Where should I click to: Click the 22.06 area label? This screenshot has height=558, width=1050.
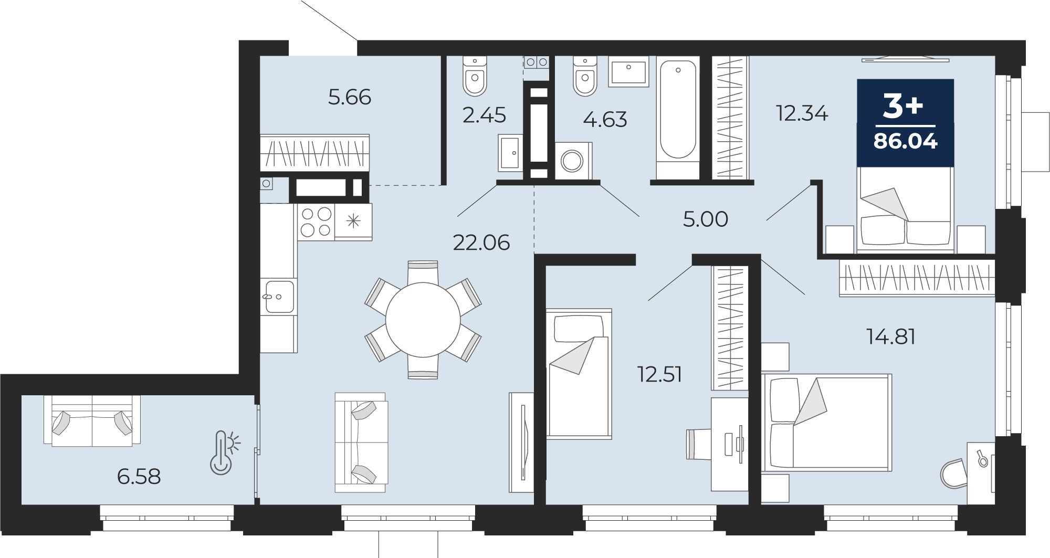[x=481, y=243]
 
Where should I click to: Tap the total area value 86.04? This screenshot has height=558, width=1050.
[x=906, y=141]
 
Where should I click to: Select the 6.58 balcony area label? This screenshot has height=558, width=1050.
[x=139, y=477]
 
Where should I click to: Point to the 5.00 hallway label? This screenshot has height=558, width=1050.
[x=705, y=219]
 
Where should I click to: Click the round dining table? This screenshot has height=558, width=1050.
[x=423, y=320]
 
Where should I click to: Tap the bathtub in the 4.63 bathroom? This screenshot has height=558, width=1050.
[x=678, y=118]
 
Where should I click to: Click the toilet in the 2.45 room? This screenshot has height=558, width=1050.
[x=475, y=76]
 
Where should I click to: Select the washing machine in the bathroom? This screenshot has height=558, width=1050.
[x=573, y=161]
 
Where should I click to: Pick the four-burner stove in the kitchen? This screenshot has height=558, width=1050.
[x=316, y=222]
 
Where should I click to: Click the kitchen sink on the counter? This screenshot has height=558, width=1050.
[x=280, y=297]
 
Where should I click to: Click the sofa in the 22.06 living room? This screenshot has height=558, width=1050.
[x=361, y=443]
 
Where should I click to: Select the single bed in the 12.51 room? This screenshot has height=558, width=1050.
[x=579, y=373]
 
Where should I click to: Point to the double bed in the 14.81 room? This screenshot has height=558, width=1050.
[x=827, y=423]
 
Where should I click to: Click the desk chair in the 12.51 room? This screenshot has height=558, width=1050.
[x=698, y=444]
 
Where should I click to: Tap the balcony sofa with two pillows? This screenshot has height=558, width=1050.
[x=92, y=421]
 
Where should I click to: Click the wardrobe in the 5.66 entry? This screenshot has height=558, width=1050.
[x=315, y=153]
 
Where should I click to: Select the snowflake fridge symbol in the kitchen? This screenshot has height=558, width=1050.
[x=353, y=222]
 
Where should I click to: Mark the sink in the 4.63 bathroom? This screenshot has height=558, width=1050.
[x=629, y=71]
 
